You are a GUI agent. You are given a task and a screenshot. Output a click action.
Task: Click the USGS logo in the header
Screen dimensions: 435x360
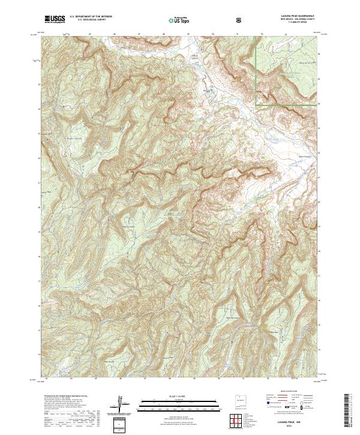[x=55, y=19]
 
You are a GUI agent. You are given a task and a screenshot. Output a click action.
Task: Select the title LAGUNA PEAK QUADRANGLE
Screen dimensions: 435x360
[x=294, y=16]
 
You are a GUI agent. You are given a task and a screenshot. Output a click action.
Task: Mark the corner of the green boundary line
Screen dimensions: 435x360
[x=256, y=105]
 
